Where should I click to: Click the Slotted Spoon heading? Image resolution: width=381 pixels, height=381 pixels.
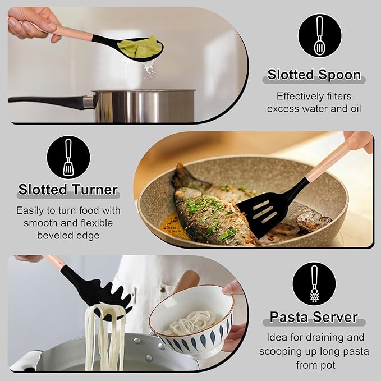314,75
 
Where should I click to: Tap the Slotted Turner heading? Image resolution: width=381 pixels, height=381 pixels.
68,190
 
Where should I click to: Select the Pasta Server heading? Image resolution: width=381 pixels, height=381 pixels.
314,317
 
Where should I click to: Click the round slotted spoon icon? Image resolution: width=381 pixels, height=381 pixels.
319,35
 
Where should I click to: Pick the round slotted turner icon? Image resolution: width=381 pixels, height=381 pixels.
68,158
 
